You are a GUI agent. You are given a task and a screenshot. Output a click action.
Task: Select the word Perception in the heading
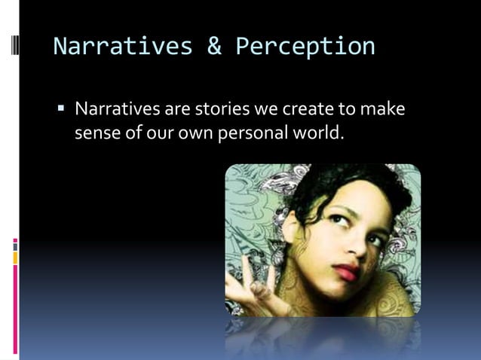click(x=305, y=47)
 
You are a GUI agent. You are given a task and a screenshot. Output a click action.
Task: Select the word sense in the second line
click(x=96, y=134)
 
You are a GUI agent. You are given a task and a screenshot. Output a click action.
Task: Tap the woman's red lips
click(x=346, y=272)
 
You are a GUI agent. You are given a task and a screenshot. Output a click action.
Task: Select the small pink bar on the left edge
click(x=14, y=244)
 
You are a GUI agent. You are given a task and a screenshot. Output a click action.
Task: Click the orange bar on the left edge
click(x=14, y=258)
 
